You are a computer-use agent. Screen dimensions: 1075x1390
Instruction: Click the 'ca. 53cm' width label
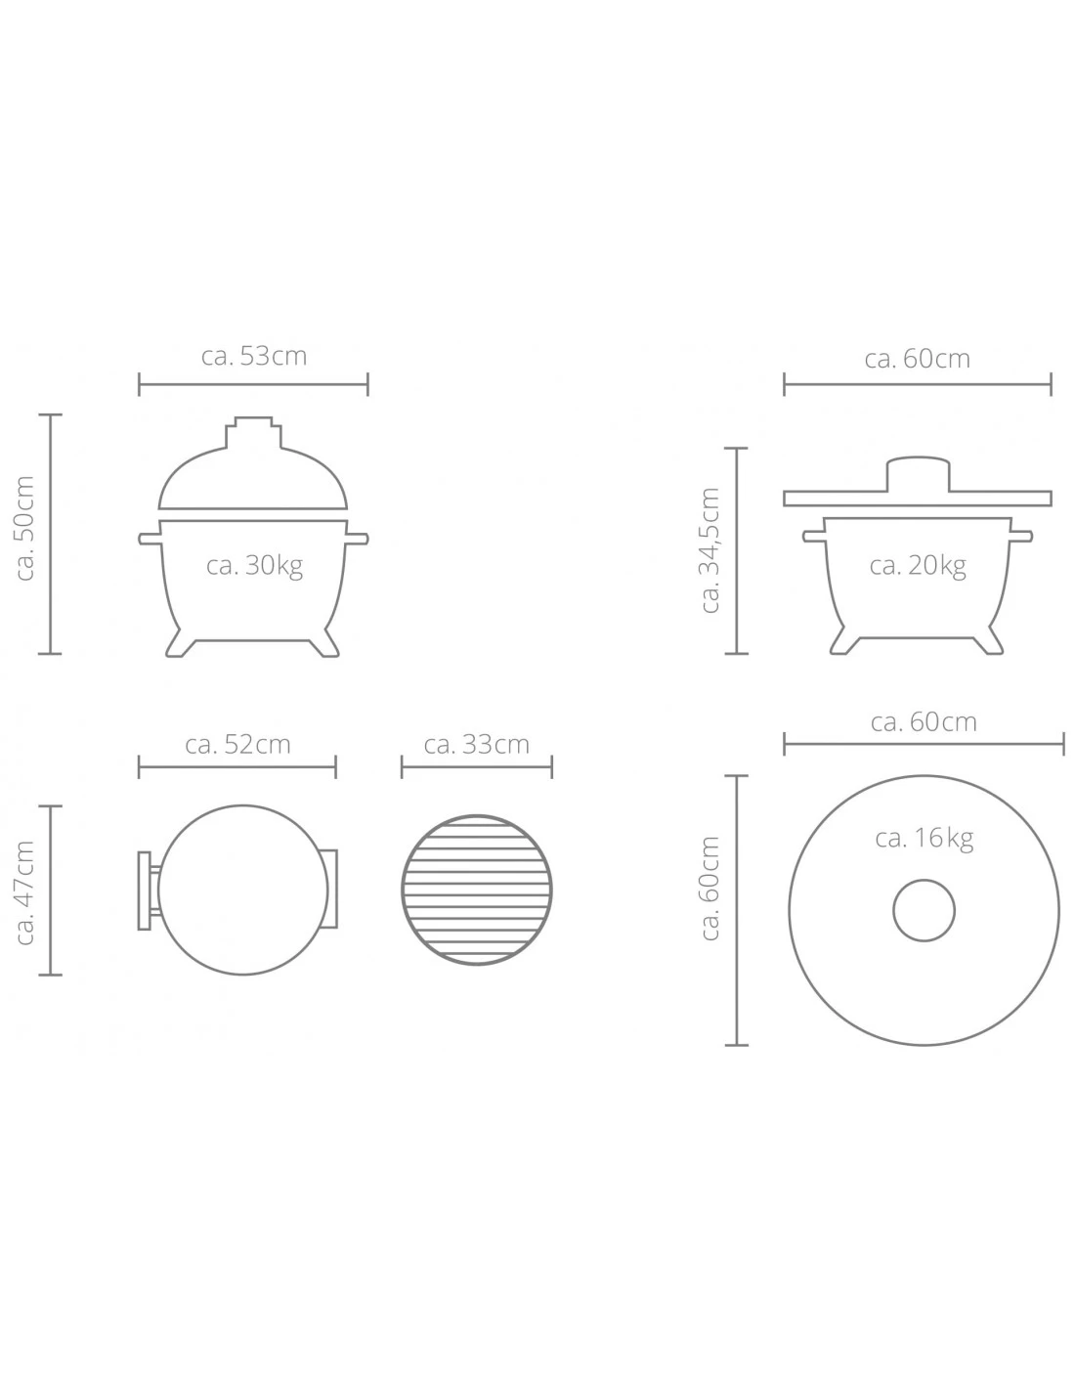point(254,356)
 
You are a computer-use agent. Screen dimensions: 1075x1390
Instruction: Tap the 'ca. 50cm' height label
point(24,529)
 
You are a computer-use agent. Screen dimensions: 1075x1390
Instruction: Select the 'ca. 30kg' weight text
point(254,566)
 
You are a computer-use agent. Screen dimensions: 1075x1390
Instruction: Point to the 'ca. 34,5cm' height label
point(710,550)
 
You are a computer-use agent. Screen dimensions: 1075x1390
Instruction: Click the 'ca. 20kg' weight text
point(917,566)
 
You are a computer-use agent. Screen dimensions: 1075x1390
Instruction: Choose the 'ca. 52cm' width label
point(237,745)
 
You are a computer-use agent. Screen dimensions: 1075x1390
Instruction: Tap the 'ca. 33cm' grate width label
point(477,745)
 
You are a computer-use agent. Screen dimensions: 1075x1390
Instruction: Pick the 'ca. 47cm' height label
point(24,892)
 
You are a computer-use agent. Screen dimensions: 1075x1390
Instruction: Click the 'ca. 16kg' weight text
point(924,839)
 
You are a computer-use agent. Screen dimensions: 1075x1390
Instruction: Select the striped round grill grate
point(477,890)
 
